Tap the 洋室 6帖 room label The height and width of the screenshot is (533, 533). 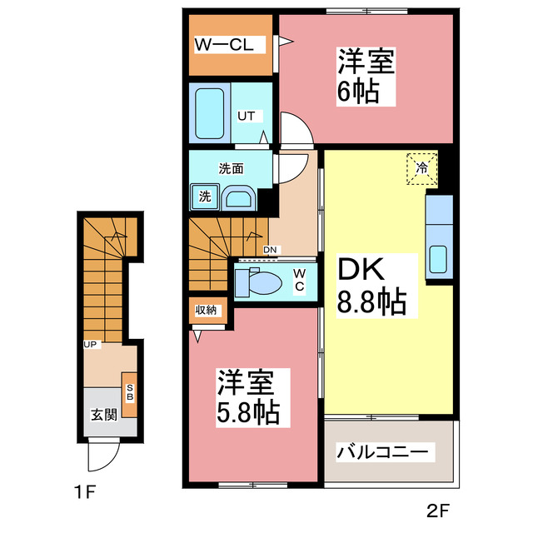click(365, 76)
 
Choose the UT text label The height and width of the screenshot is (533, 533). click(247, 116)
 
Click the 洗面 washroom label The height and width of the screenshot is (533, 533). click(231, 168)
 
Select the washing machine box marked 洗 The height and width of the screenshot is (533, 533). click(204, 197)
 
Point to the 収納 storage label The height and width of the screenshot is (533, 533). click(206, 311)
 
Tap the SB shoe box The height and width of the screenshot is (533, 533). click(130, 392)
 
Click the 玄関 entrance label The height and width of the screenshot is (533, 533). click(103, 414)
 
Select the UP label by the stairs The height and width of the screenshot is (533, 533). click(89, 344)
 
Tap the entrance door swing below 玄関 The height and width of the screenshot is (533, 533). click(103, 454)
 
